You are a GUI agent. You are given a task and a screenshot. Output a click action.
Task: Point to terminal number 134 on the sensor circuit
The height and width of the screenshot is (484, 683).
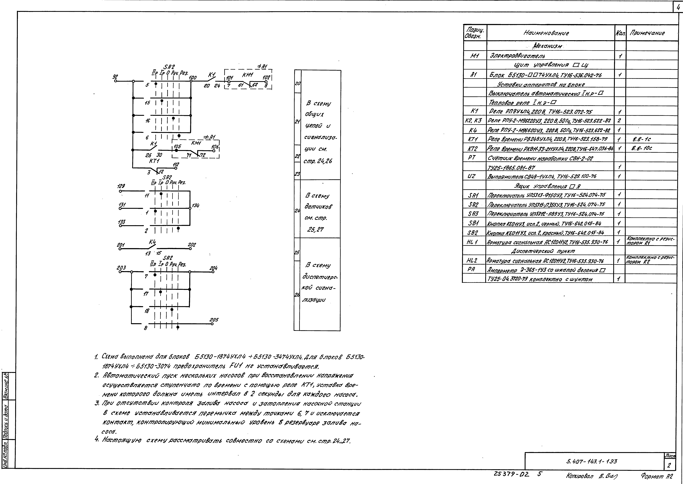[x=196, y=206]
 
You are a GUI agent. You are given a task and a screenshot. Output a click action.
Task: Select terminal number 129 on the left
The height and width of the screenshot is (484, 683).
[x=121, y=186]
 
